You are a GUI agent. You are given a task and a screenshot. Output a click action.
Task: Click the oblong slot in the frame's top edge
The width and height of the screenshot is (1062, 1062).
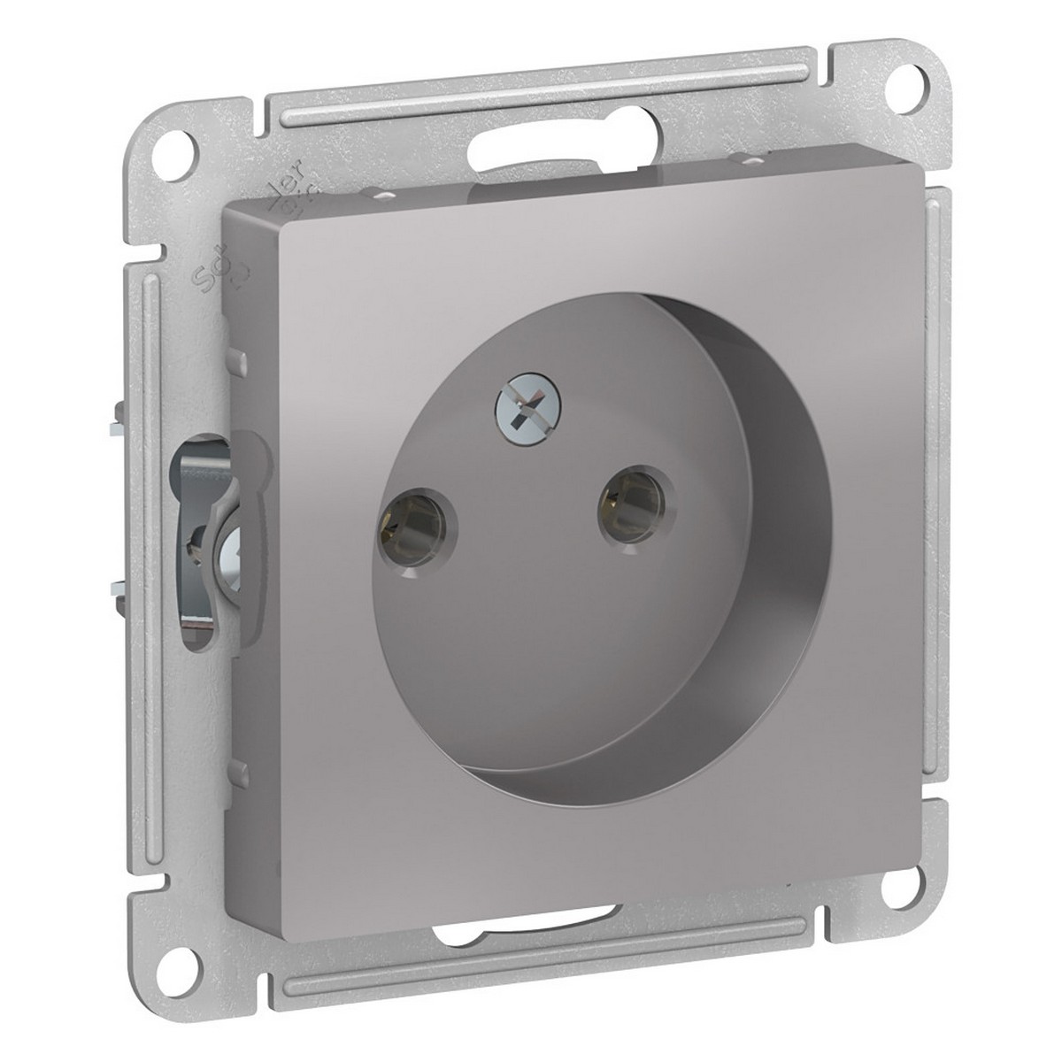click(566, 142)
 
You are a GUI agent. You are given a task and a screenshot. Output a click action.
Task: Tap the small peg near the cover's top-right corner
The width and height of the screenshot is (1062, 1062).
click(729, 160)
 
